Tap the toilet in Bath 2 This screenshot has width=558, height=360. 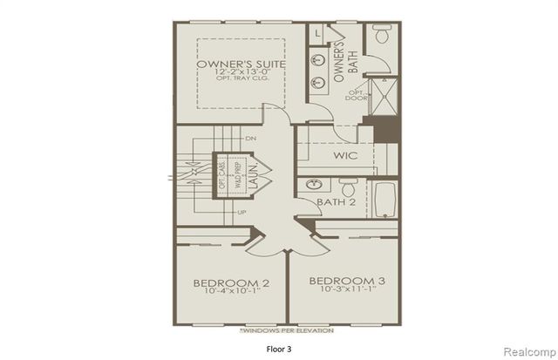coord(348,187)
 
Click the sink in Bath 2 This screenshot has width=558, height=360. coord(312,185)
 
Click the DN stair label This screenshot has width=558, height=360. coord(251,139)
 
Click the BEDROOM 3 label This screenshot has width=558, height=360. coord(346,281)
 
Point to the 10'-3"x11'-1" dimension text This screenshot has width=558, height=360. coord(346,290)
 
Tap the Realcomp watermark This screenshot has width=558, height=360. coord(526,349)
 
